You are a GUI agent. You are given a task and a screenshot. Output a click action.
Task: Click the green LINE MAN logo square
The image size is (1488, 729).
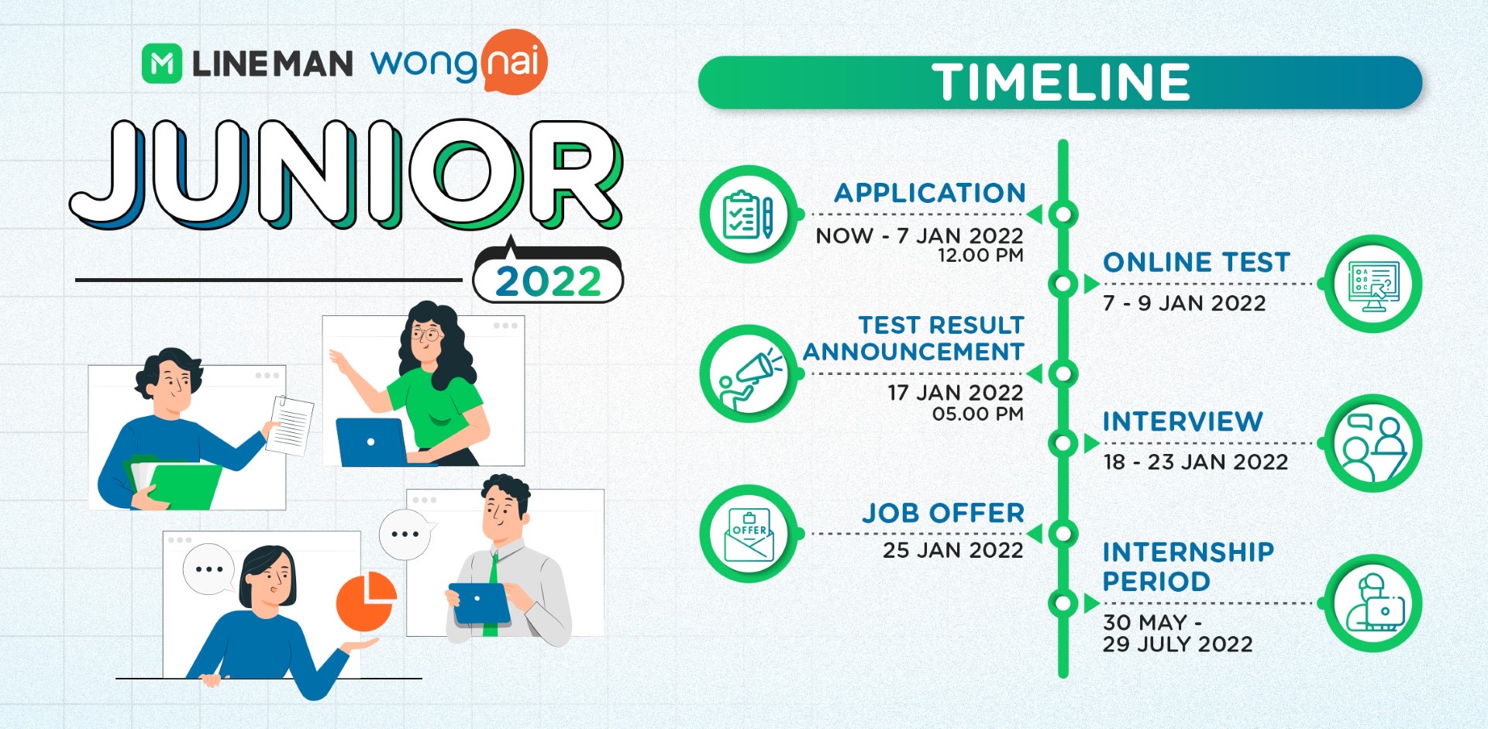pos(162,64)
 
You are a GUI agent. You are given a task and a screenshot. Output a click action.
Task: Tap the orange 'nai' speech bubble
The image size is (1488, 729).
pos(513,61)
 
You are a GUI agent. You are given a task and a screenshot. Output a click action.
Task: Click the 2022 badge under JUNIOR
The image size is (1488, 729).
pos(548,280)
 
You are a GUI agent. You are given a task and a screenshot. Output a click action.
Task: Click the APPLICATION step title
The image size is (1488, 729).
pos(930,193)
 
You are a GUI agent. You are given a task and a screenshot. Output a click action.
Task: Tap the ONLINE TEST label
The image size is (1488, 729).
pos(1197,263)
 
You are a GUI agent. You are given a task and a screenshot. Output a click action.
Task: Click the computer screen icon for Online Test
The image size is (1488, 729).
pos(1373,284)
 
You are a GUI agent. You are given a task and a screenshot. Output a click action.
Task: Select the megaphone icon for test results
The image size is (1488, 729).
pos(748,373)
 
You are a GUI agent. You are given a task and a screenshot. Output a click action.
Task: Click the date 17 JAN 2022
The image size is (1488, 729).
pos(955,393)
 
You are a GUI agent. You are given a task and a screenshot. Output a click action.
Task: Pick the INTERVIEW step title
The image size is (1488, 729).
pos(1183,421)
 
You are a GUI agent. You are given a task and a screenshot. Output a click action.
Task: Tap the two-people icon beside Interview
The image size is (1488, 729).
pos(1373,444)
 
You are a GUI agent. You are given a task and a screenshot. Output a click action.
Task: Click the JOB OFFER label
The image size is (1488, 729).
pos(943,513)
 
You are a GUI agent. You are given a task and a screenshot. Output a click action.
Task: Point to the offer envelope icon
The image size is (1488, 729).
pos(748,534)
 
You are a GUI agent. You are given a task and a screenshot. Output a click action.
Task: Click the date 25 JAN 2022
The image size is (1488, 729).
pos(952,550)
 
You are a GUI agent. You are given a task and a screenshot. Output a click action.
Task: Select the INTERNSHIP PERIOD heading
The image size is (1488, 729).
pos(1188,566)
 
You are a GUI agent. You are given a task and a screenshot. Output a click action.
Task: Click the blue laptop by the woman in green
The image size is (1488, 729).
pos(371,442)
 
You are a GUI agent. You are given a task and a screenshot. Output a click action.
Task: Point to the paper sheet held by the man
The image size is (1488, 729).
pos(289,425)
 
